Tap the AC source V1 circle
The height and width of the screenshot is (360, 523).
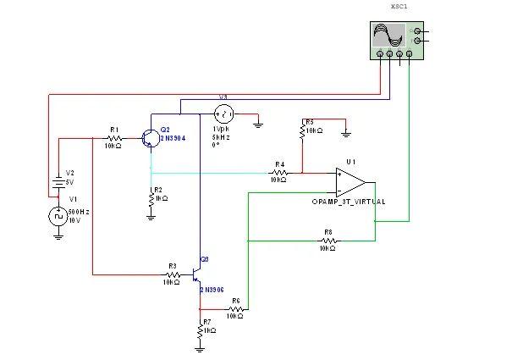point(58,216)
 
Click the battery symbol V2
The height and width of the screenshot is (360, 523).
point(58,180)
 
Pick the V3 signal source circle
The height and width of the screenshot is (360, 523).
point(224,114)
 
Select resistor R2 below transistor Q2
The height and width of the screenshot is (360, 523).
point(151,197)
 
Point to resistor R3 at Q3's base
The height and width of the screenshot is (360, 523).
point(172,274)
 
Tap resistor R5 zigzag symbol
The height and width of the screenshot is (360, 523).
point(302,130)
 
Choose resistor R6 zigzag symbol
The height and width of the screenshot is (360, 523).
point(235,309)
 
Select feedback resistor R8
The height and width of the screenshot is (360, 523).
point(327,241)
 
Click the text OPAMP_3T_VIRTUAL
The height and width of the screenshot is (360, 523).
point(349,202)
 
